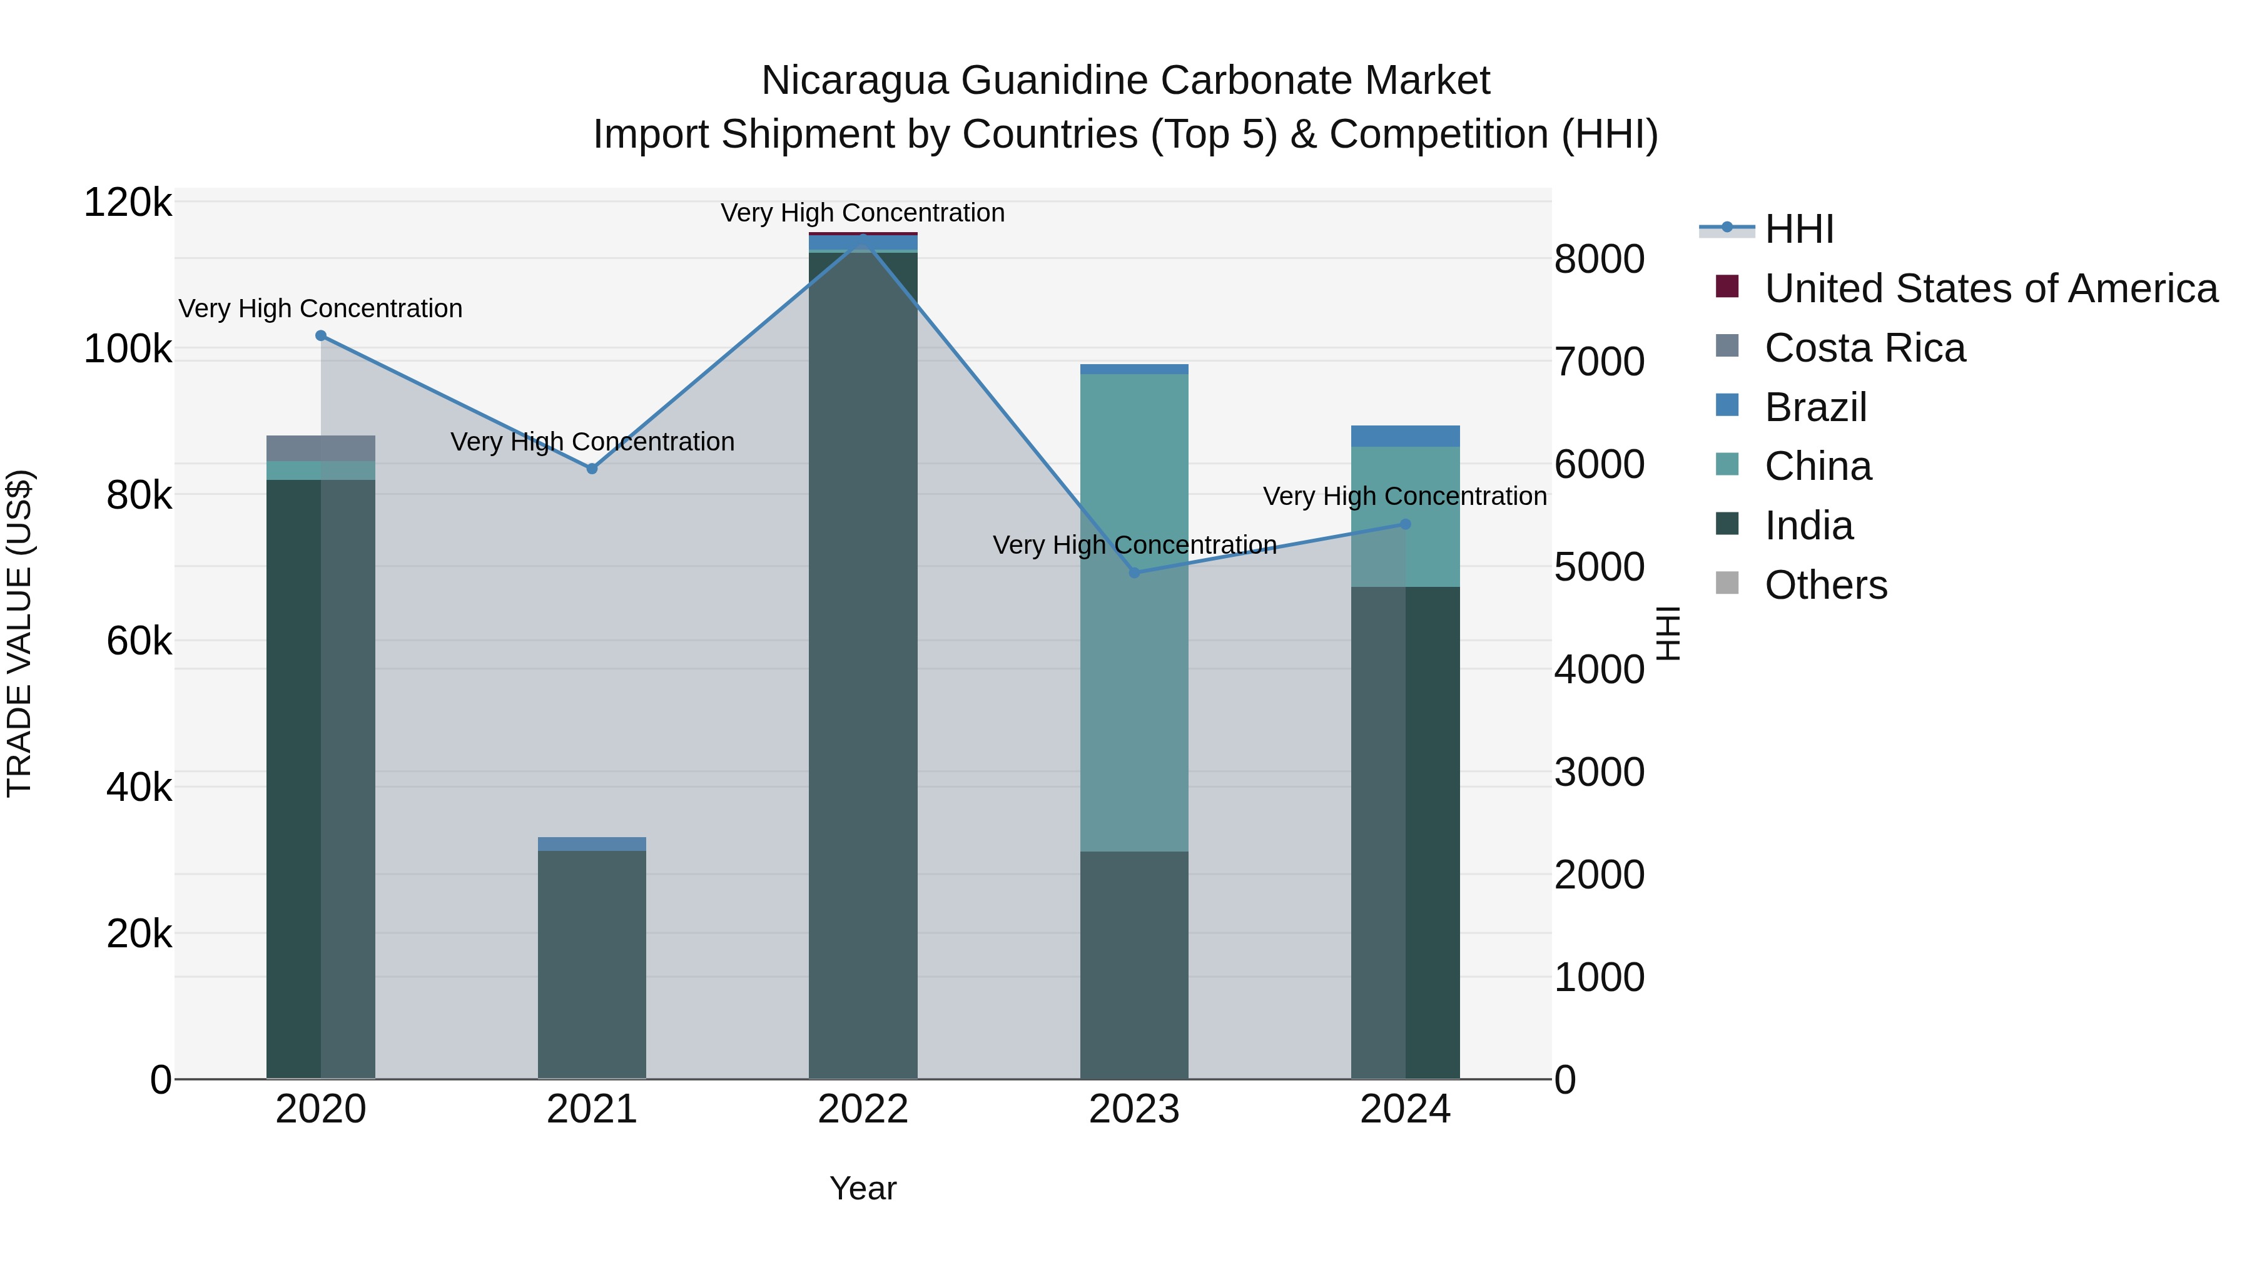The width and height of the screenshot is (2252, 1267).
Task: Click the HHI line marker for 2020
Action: [x=321, y=336]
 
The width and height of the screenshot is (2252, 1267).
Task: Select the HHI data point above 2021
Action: [x=592, y=469]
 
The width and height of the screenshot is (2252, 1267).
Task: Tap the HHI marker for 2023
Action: [x=1135, y=572]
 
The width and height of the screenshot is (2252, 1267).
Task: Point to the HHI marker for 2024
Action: [x=1406, y=525]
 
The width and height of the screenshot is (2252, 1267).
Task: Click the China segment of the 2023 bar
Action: [x=1135, y=612]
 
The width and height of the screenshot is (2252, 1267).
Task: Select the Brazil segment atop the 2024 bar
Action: [x=1406, y=436]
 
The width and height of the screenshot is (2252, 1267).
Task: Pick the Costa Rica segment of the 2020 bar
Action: [x=321, y=448]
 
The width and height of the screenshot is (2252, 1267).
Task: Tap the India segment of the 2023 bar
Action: [x=1135, y=962]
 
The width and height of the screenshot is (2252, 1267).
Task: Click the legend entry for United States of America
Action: [x=1990, y=288]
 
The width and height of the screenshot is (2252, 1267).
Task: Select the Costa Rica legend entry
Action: [x=1864, y=348]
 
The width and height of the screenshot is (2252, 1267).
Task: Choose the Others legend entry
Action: [x=1825, y=585]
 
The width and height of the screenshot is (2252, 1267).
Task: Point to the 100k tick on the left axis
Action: [x=128, y=350]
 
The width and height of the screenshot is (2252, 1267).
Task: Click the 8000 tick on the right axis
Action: [x=1599, y=259]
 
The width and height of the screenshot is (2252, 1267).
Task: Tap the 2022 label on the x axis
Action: [x=863, y=1109]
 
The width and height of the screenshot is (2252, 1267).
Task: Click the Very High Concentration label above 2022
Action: [x=863, y=213]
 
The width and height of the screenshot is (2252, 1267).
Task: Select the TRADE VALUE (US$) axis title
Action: [x=19, y=633]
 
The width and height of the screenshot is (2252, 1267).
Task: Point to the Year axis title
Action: [x=863, y=1188]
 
